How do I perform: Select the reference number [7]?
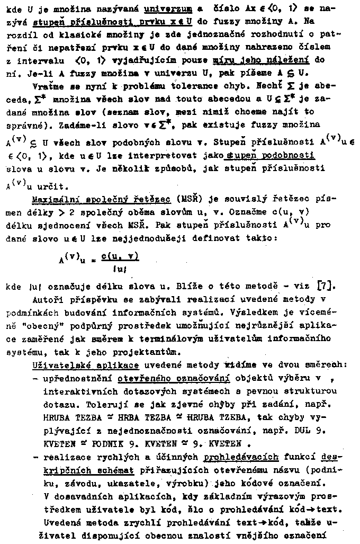pyautogui.click(x=325, y=287)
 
